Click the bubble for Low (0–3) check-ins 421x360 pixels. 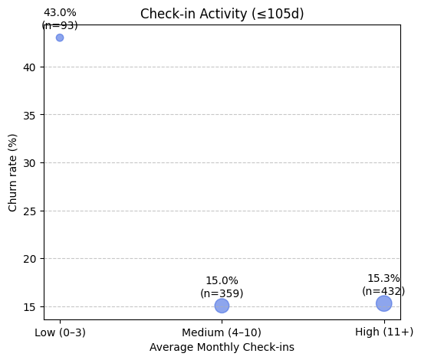click(60, 38)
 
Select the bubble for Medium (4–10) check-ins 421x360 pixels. click(222, 306)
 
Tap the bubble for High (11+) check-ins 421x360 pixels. click(384, 303)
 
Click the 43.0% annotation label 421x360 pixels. click(60, 13)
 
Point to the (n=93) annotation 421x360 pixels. click(60, 25)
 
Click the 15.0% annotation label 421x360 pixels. click(222, 281)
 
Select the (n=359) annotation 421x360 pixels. click(222, 293)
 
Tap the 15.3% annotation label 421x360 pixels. click(383, 279)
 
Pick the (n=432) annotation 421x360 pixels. click(383, 291)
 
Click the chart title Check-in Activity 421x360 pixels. click(222, 14)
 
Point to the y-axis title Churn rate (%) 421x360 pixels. click(13, 172)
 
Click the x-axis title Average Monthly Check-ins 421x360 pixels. click(222, 347)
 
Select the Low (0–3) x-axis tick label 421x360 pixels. click(60, 332)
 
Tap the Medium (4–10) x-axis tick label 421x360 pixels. click(222, 332)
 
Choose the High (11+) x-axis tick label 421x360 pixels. click(384, 332)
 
